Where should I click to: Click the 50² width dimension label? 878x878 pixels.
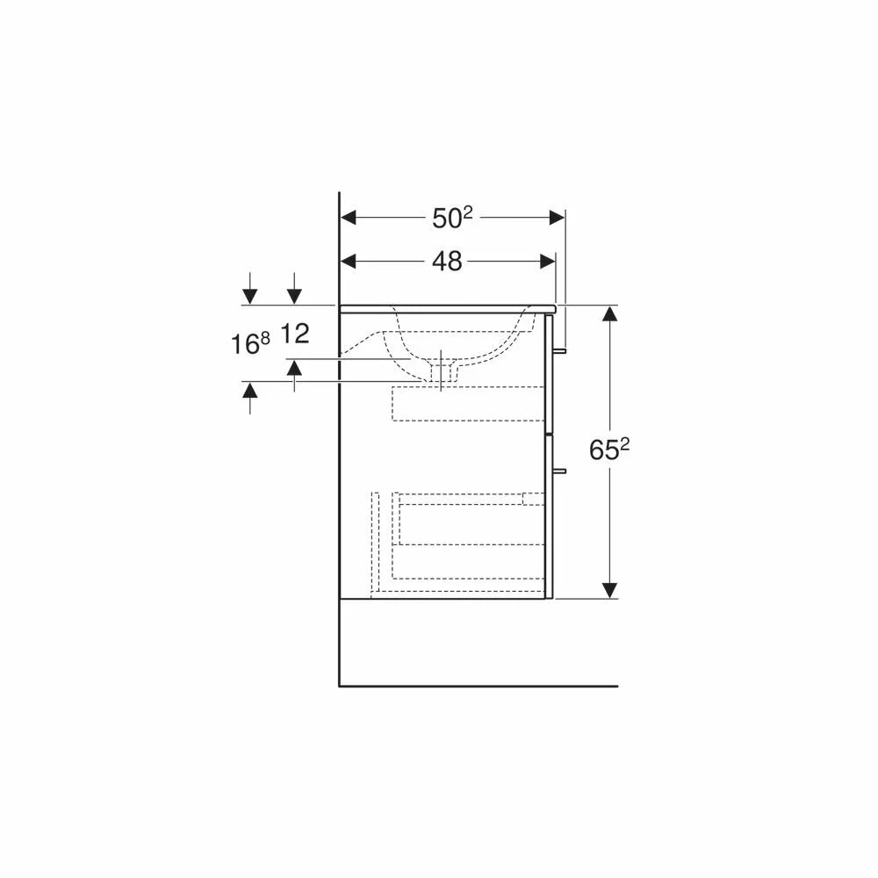click(452, 218)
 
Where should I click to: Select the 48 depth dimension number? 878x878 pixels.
click(447, 262)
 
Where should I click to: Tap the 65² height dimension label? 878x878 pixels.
click(609, 449)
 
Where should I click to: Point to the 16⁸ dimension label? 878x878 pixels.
click(250, 343)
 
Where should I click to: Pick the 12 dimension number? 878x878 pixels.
click(294, 334)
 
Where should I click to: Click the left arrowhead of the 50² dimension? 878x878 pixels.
click(349, 217)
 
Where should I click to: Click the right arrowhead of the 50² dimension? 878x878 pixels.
click(558, 217)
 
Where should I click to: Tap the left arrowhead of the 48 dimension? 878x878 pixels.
click(349, 261)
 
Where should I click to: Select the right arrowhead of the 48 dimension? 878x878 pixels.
click(548, 261)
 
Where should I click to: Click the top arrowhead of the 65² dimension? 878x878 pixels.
click(609, 313)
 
